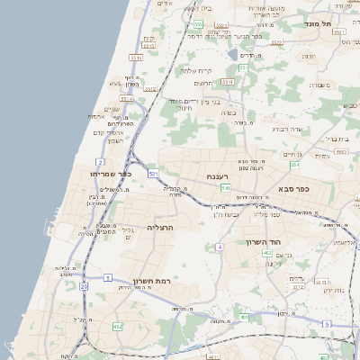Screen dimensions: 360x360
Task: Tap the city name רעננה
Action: click(219, 176)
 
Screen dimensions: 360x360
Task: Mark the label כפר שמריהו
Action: click(111, 173)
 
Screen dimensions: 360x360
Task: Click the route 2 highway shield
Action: click(101, 162)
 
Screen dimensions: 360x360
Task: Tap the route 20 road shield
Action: click(84, 286)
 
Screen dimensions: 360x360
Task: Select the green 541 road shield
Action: click(226, 187)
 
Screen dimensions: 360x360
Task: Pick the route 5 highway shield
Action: click(327, 323)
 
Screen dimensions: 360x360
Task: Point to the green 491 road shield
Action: click(245, 317)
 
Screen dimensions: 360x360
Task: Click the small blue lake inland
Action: click(233, 54)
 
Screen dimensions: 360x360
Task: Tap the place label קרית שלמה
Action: click(195, 70)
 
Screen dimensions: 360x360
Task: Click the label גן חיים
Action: click(292, 155)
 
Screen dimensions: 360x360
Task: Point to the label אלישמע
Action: click(344, 241)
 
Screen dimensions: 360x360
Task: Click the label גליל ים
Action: click(126, 230)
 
